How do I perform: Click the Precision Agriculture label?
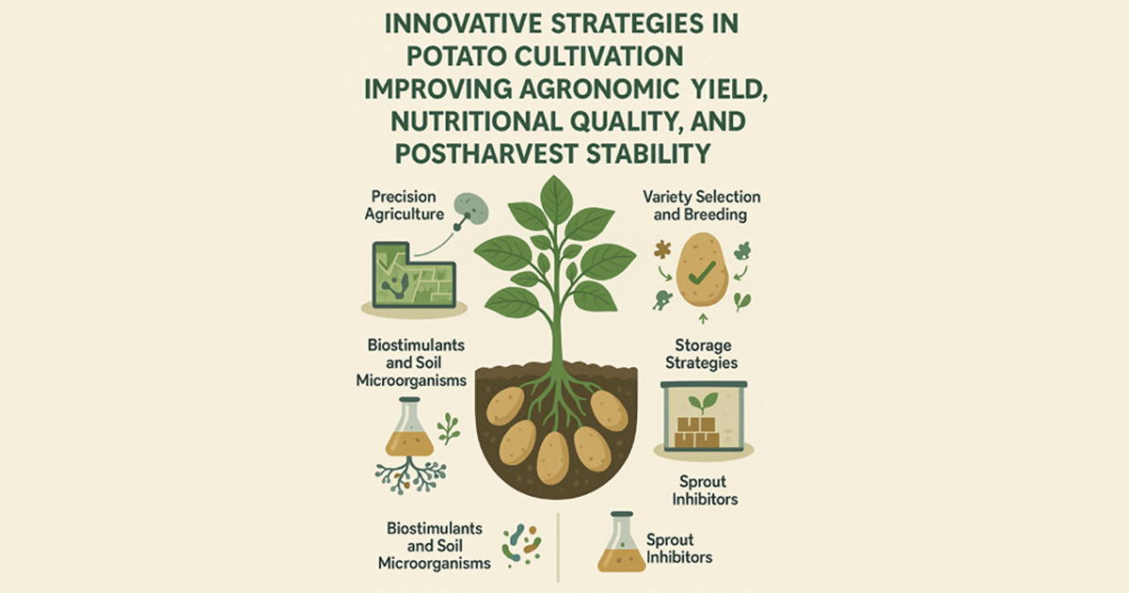click(405, 205)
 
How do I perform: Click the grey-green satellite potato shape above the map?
click(471, 208)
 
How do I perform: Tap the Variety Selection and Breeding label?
click(701, 205)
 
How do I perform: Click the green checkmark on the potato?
click(702, 273)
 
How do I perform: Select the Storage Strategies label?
click(702, 354)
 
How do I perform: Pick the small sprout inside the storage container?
click(703, 404)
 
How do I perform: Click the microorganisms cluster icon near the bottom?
click(522, 545)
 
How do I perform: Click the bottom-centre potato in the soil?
click(553, 457)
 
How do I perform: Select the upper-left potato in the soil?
click(505, 406)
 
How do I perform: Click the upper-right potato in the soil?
click(609, 410)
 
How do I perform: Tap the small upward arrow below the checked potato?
click(704, 319)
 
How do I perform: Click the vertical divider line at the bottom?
click(558, 548)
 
